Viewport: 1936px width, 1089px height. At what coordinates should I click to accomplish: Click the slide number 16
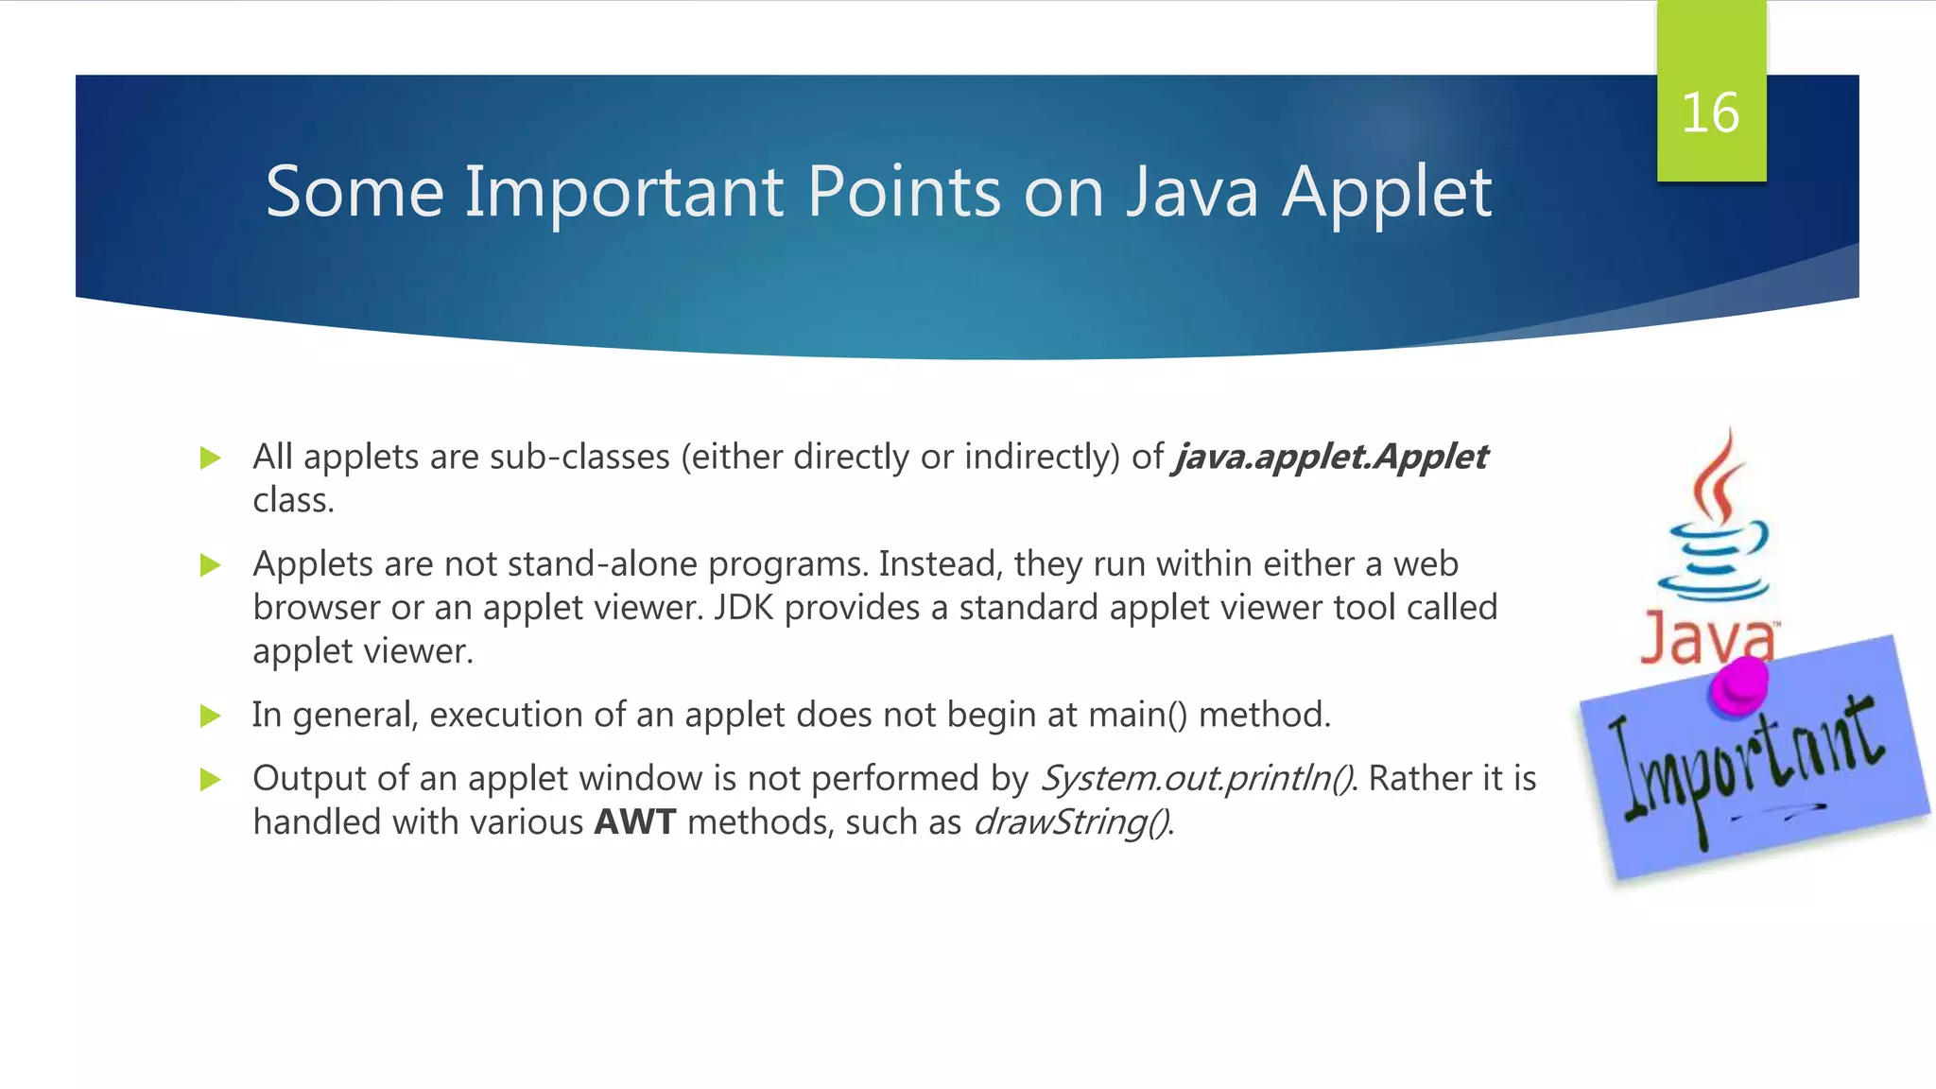coord(1710,113)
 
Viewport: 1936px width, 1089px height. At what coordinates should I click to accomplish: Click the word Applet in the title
coord(1386,193)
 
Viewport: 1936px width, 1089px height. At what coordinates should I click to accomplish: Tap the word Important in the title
coord(624,193)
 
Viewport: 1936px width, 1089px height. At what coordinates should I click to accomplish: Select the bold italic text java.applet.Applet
coord(1330,458)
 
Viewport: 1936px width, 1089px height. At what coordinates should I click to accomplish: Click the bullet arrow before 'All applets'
coord(210,459)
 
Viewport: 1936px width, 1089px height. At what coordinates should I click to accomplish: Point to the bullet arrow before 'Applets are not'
coord(210,566)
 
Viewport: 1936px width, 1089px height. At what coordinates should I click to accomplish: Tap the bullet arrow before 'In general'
coord(210,717)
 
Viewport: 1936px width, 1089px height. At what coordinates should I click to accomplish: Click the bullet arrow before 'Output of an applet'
coord(210,780)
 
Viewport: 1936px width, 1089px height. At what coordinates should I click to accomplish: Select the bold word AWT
coord(634,821)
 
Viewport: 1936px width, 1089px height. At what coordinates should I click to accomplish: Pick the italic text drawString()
coord(1071,822)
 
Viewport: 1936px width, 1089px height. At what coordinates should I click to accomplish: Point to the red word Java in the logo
coord(1706,640)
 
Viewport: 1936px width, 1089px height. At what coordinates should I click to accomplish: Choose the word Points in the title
coord(903,193)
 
